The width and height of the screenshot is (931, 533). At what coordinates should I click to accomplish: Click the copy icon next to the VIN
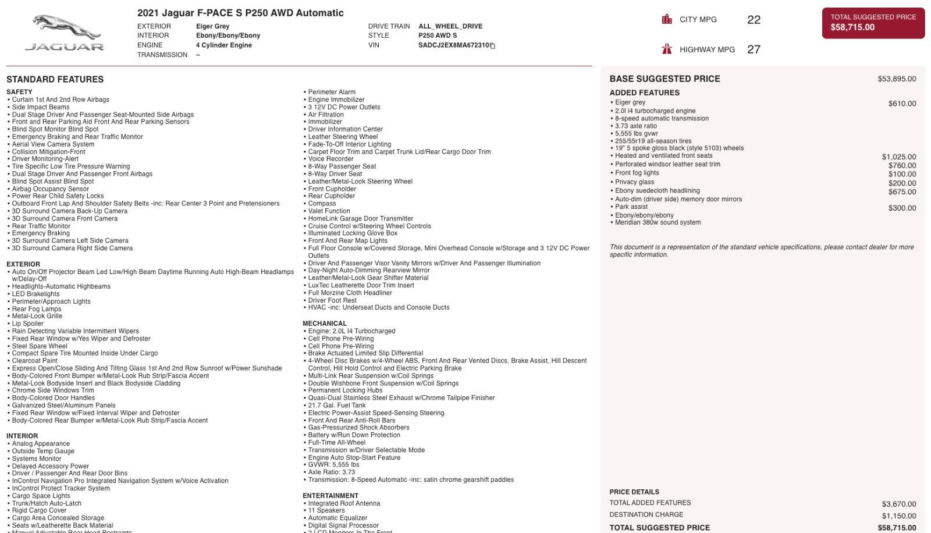tap(492, 46)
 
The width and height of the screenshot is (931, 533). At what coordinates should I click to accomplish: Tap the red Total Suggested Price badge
tap(873, 23)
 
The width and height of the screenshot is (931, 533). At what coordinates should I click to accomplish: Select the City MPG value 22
tap(754, 20)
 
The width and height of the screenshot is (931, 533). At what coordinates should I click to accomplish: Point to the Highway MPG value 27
tap(754, 49)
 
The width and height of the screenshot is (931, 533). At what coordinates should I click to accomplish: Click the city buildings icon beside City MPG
tap(667, 19)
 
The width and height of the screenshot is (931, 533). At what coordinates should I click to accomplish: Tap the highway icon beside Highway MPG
tap(667, 49)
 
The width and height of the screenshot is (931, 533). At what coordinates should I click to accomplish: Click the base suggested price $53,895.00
tap(897, 79)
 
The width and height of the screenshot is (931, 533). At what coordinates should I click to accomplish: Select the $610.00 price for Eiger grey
tap(902, 104)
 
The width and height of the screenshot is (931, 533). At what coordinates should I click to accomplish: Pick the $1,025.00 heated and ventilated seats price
tap(898, 157)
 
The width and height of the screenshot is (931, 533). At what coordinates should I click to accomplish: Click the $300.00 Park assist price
tap(902, 208)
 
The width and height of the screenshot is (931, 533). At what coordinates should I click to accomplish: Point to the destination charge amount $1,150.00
tap(898, 516)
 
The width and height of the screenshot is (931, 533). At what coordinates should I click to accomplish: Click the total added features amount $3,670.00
tap(898, 504)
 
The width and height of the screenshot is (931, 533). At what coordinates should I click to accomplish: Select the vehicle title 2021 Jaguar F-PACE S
tap(240, 13)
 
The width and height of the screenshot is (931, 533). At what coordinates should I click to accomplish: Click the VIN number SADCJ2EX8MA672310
tap(453, 45)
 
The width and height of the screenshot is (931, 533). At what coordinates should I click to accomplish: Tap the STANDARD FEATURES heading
tap(55, 79)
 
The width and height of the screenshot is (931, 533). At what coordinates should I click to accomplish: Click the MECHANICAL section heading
tap(324, 324)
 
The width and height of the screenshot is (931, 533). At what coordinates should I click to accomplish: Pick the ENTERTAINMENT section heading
tap(330, 496)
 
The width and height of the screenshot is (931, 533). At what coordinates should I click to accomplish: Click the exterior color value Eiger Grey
tap(212, 26)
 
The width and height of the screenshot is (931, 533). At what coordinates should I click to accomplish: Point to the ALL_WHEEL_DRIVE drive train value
tap(450, 26)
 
